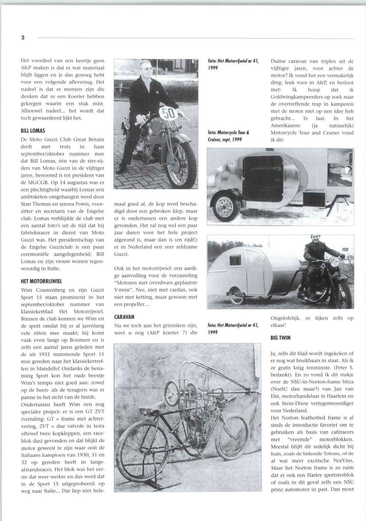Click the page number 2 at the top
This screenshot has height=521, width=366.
[23, 38]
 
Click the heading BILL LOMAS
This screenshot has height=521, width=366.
[33, 131]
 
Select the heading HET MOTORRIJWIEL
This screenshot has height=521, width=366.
[41, 281]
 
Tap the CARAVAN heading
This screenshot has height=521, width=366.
[124, 317]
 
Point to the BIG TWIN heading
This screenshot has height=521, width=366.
[281, 338]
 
